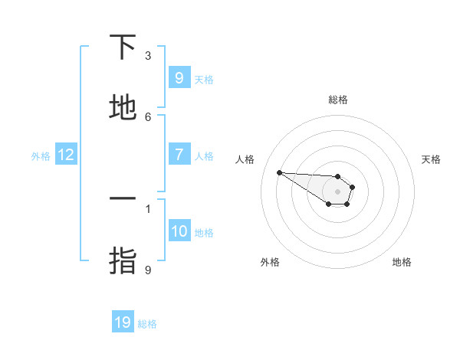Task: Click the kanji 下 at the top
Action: pyautogui.click(x=123, y=47)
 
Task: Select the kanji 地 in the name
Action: pyautogui.click(x=123, y=108)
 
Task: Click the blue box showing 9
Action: pyautogui.click(x=179, y=77)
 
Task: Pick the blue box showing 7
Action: pyautogui.click(x=179, y=155)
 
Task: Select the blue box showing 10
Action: pyautogui.click(x=179, y=231)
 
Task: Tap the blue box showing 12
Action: pyautogui.click(x=66, y=155)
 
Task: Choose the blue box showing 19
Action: pyautogui.click(x=123, y=322)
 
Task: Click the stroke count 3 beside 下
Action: pyautogui.click(x=148, y=56)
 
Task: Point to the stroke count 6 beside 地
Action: pyautogui.click(x=148, y=116)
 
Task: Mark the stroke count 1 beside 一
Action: pyautogui.click(x=148, y=208)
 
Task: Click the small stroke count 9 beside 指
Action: pyautogui.click(x=148, y=270)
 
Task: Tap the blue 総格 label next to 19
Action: pyautogui.click(x=147, y=324)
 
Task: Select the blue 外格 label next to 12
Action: pyautogui.click(x=41, y=156)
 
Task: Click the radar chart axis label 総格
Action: pyautogui.click(x=338, y=100)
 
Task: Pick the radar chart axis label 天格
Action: pyautogui.click(x=431, y=159)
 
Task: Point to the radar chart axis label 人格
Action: pyautogui.click(x=245, y=159)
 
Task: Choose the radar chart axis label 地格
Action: pyautogui.click(x=402, y=262)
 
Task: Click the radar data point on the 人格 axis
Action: pyautogui.click(x=279, y=172)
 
